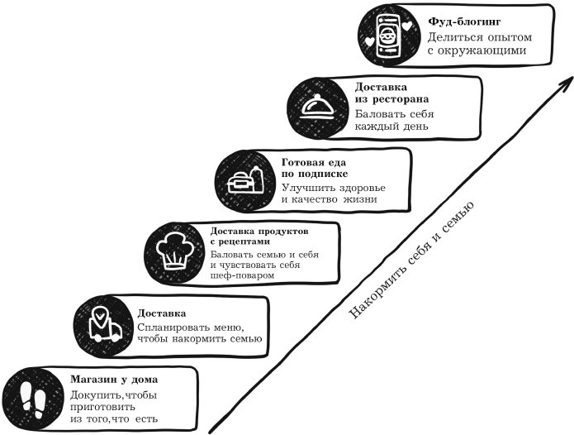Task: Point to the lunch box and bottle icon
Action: pos(244,177)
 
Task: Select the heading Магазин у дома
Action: pos(114,380)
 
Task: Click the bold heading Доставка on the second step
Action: pos(162,313)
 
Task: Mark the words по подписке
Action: pos(315,174)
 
